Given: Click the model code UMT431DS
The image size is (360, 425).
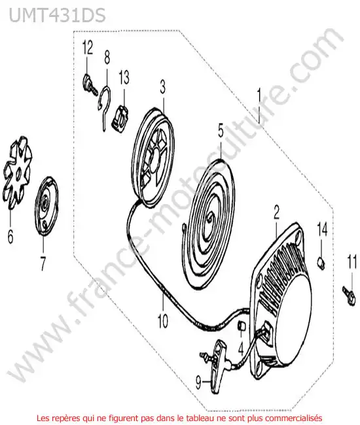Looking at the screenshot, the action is pyautogui.click(x=57, y=15).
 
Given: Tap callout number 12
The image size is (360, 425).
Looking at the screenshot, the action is pyautogui.click(x=88, y=48).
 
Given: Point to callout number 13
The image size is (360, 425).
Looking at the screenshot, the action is pyautogui.click(x=124, y=78).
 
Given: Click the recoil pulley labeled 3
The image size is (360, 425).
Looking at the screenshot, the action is pyautogui.click(x=154, y=157).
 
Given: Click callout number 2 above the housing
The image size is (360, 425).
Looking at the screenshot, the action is pyautogui.click(x=276, y=212).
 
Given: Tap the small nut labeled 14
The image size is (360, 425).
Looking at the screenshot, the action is pyautogui.click(x=321, y=263).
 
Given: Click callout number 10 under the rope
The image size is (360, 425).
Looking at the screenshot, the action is pyautogui.click(x=163, y=321).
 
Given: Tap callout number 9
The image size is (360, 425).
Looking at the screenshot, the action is pyautogui.click(x=198, y=383).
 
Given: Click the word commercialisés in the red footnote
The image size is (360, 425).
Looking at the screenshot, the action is pyautogui.click(x=297, y=418).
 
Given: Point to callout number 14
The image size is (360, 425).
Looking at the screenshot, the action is pyautogui.click(x=323, y=229).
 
